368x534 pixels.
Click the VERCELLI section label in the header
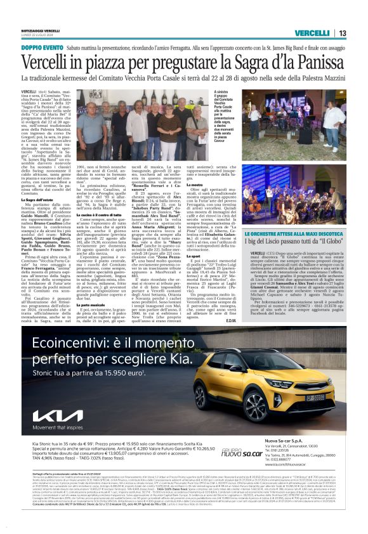(x=311, y=33)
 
